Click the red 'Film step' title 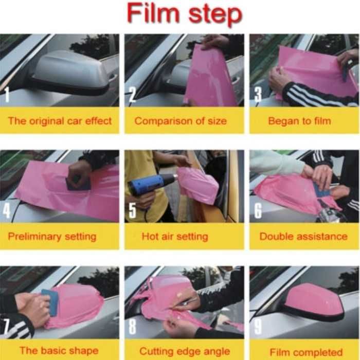click(185, 14)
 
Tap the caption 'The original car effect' click(60, 121)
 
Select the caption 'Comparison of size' click(181, 121)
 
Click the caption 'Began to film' click(299, 121)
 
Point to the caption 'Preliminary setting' click(52, 237)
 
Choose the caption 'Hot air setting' click(175, 237)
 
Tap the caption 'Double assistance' click(303, 236)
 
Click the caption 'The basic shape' click(59, 350)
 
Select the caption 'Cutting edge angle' click(185, 351)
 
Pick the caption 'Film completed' click(306, 352)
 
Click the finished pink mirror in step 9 click(313, 301)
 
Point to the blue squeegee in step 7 click(49, 302)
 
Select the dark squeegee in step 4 click(78, 183)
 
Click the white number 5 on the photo click(132, 210)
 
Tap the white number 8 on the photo click(132, 326)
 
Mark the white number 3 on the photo click(258, 95)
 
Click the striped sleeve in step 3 click(317, 94)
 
